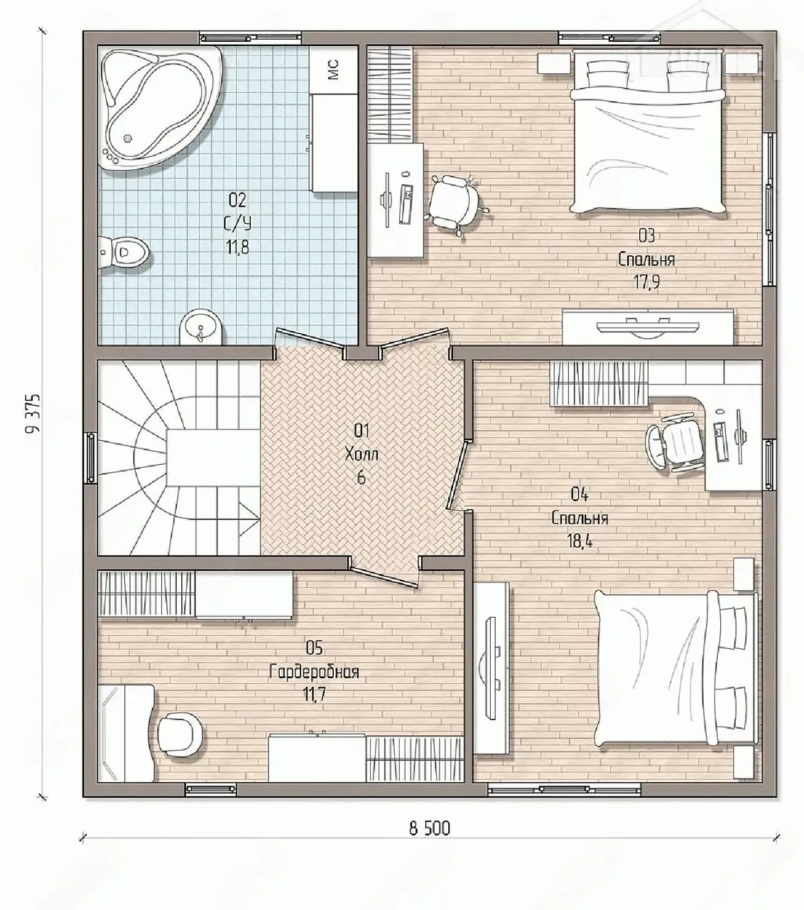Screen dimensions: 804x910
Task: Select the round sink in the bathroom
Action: pyautogui.click(x=201, y=326)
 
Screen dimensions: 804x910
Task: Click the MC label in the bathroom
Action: pyautogui.click(x=333, y=70)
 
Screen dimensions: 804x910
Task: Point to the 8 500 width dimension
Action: pyautogui.click(x=430, y=841)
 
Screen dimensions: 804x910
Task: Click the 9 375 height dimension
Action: pyautogui.click(x=32, y=413)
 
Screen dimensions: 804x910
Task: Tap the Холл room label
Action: pyautogui.click(x=362, y=454)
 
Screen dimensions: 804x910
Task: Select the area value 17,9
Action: pyautogui.click(x=646, y=282)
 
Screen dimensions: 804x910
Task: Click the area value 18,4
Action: pyautogui.click(x=580, y=542)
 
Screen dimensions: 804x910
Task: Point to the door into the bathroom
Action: pyautogui.click(x=310, y=342)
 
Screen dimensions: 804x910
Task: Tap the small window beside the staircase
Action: pyautogui.click(x=91, y=458)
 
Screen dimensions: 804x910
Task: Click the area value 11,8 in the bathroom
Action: pyautogui.click(x=238, y=247)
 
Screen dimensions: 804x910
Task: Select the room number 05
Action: pyautogui.click(x=314, y=648)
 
